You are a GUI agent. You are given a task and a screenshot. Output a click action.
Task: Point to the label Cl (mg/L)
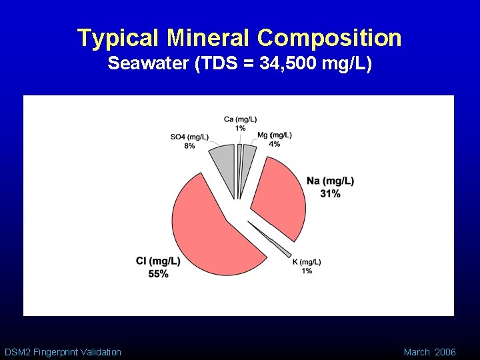pos(158,261)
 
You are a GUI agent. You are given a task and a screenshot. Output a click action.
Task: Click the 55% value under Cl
pos(159,273)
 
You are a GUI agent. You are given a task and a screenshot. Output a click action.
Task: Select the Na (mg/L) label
pos(330,181)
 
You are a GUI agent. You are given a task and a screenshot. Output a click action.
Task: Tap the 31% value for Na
pos(330,193)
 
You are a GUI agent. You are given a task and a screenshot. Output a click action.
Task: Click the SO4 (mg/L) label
pos(189,137)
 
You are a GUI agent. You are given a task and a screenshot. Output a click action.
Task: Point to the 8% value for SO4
pos(189,146)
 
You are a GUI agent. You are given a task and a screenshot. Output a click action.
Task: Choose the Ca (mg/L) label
pos(240,119)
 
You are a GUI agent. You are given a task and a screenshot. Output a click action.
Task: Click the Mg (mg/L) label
pos(275,135)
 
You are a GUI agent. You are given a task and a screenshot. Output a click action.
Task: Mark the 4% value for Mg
pos(274,144)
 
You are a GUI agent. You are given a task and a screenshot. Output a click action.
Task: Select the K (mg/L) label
pos(307,262)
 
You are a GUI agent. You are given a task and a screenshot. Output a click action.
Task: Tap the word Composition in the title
pos(329,38)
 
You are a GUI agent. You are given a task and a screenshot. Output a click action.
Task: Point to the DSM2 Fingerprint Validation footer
pos(63,352)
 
